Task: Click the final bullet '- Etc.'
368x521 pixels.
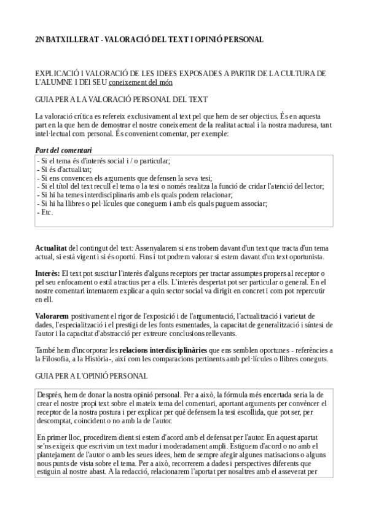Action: tap(45, 213)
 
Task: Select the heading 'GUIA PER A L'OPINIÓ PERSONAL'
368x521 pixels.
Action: tap(92, 375)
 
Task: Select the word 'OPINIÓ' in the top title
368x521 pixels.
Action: tap(209, 39)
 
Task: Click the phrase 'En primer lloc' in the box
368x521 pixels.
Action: tap(58, 437)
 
